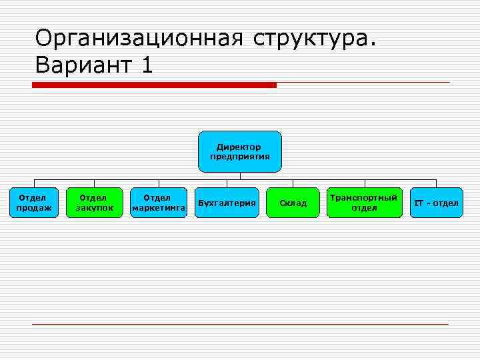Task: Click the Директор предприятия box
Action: pyautogui.click(x=240, y=151)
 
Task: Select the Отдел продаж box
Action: pyautogui.click(x=33, y=203)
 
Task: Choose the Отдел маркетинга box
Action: pyautogui.click(x=158, y=203)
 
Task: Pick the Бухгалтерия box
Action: pyautogui.click(x=227, y=203)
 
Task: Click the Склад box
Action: pyautogui.click(x=293, y=203)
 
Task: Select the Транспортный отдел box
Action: pyautogui.click(x=364, y=203)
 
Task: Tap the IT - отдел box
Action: pyautogui.click(x=436, y=203)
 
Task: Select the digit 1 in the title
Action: pyautogui.click(x=147, y=65)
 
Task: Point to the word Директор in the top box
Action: pyautogui.click(x=239, y=147)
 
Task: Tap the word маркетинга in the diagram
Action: pyautogui.click(x=159, y=208)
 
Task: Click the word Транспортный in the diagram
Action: pyautogui.click(x=364, y=198)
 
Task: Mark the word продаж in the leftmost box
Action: pyautogui.click(x=33, y=208)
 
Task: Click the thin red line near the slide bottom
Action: pyautogui.click(x=240, y=325)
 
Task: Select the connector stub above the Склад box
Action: pyautogui.click(x=293, y=183)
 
